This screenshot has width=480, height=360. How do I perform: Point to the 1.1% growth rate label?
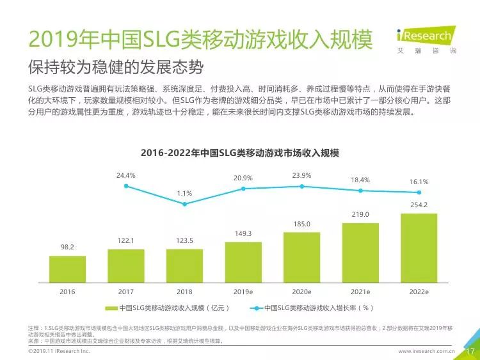tap(184, 193)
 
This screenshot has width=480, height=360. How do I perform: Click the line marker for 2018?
tap(184, 204)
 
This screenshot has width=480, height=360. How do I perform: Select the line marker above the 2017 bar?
tap(126, 186)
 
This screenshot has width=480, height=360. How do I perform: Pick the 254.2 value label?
tap(419, 205)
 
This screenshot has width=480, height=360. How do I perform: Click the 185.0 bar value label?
tap(301, 224)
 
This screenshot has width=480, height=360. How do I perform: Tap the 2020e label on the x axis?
tap(301, 291)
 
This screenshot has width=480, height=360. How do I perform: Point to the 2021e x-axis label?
tap(360, 291)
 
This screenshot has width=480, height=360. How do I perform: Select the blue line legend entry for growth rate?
tap(313, 308)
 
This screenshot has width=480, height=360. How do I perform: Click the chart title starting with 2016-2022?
tap(239, 153)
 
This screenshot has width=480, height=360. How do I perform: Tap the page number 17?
tap(469, 351)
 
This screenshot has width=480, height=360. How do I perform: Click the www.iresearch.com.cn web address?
tap(426, 352)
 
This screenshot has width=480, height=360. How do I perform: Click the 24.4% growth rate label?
tap(126, 175)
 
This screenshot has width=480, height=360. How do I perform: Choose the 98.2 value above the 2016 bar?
tap(67, 246)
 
